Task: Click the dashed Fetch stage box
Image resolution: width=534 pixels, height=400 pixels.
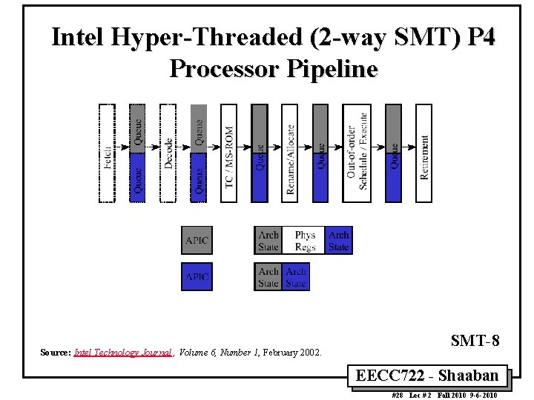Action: [x=107, y=153]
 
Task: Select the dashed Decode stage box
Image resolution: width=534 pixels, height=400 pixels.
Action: [x=168, y=153]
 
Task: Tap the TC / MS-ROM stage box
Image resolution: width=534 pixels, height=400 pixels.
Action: [x=229, y=153]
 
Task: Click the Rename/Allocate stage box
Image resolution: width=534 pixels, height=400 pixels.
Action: [x=290, y=153]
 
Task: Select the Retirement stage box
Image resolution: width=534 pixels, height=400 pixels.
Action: [x=423, y=153]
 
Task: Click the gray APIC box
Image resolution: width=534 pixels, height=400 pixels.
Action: [x=197, y=241]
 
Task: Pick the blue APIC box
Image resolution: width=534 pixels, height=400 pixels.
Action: [x=197, y=276]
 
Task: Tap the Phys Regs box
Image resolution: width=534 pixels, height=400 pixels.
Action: [x=304, y=241]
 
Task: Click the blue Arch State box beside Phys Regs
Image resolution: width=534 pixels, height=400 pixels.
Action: [x=339, y=241]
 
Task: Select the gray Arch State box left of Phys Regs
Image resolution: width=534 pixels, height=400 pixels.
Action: [x=268, y=241]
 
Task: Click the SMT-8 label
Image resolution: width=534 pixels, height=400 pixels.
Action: [x=475, y=341]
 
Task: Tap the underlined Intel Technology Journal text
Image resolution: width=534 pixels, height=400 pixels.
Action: [x=123, y=353]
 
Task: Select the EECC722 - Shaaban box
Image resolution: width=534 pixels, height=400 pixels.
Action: [x=432, y=376]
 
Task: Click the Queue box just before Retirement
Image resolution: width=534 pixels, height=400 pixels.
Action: [x=394, y=153]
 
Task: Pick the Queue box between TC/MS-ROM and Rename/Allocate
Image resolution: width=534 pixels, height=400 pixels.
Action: [x=260, y=153]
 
